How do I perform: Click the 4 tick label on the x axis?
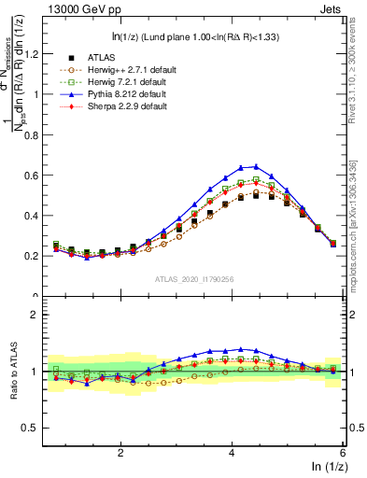pos(232,453)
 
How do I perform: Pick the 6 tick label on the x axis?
pos(343,453)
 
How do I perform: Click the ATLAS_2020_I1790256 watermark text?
pos(192,278)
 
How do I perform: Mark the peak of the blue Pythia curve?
pos(255,166)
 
